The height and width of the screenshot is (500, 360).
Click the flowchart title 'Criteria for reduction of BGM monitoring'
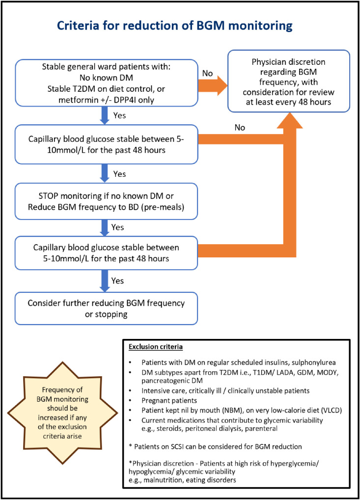pos(174,26)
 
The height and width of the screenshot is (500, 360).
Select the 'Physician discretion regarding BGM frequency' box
pos(289,81)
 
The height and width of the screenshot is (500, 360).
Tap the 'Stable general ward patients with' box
pos(106,83)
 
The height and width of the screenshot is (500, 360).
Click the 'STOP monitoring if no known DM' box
pos(106,201)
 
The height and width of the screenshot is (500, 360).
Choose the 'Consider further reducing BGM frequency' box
pos(106,308)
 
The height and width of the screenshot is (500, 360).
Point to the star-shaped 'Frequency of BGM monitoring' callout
pos(62,413)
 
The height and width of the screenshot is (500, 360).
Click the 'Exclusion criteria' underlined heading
pos(156,347)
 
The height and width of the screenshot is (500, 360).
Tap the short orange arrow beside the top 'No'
pos(213,86)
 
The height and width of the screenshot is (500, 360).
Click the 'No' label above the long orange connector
pos(240,128)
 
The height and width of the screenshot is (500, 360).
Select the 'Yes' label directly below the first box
pos(119,115)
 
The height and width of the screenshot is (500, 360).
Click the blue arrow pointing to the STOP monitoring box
pos(105,173)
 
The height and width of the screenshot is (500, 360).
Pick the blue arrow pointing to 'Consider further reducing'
pos(105,280)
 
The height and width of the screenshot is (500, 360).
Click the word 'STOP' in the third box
pos(49,196)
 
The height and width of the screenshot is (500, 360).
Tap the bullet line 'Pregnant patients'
pos(169,400)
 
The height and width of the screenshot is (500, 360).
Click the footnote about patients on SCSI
pos(215,446)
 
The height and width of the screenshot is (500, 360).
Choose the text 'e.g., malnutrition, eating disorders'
pos(182,480)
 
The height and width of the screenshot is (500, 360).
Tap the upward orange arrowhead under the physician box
pos(290,120)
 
